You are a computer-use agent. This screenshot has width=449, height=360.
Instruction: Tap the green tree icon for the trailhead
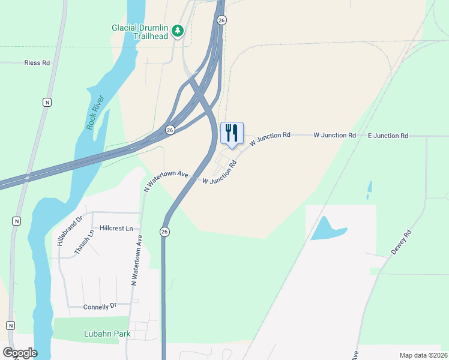(177, 30)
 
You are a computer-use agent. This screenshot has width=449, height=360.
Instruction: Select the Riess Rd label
(37, 62)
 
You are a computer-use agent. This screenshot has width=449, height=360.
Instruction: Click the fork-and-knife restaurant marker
(232, 133)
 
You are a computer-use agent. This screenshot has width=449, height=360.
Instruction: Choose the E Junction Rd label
(388, 136)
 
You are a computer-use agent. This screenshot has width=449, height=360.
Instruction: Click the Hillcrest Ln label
(120, 229)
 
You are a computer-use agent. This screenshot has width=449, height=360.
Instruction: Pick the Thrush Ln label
(84, 242)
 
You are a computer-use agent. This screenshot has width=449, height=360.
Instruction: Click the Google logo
(20, 353)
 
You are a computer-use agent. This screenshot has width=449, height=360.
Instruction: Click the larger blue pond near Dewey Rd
(327, 228)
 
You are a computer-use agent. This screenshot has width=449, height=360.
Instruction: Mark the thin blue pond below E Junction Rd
(369, 190)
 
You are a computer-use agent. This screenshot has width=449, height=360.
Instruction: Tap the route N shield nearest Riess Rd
(47, 102)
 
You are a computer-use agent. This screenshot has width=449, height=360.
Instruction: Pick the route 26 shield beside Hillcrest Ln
(164, 232)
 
